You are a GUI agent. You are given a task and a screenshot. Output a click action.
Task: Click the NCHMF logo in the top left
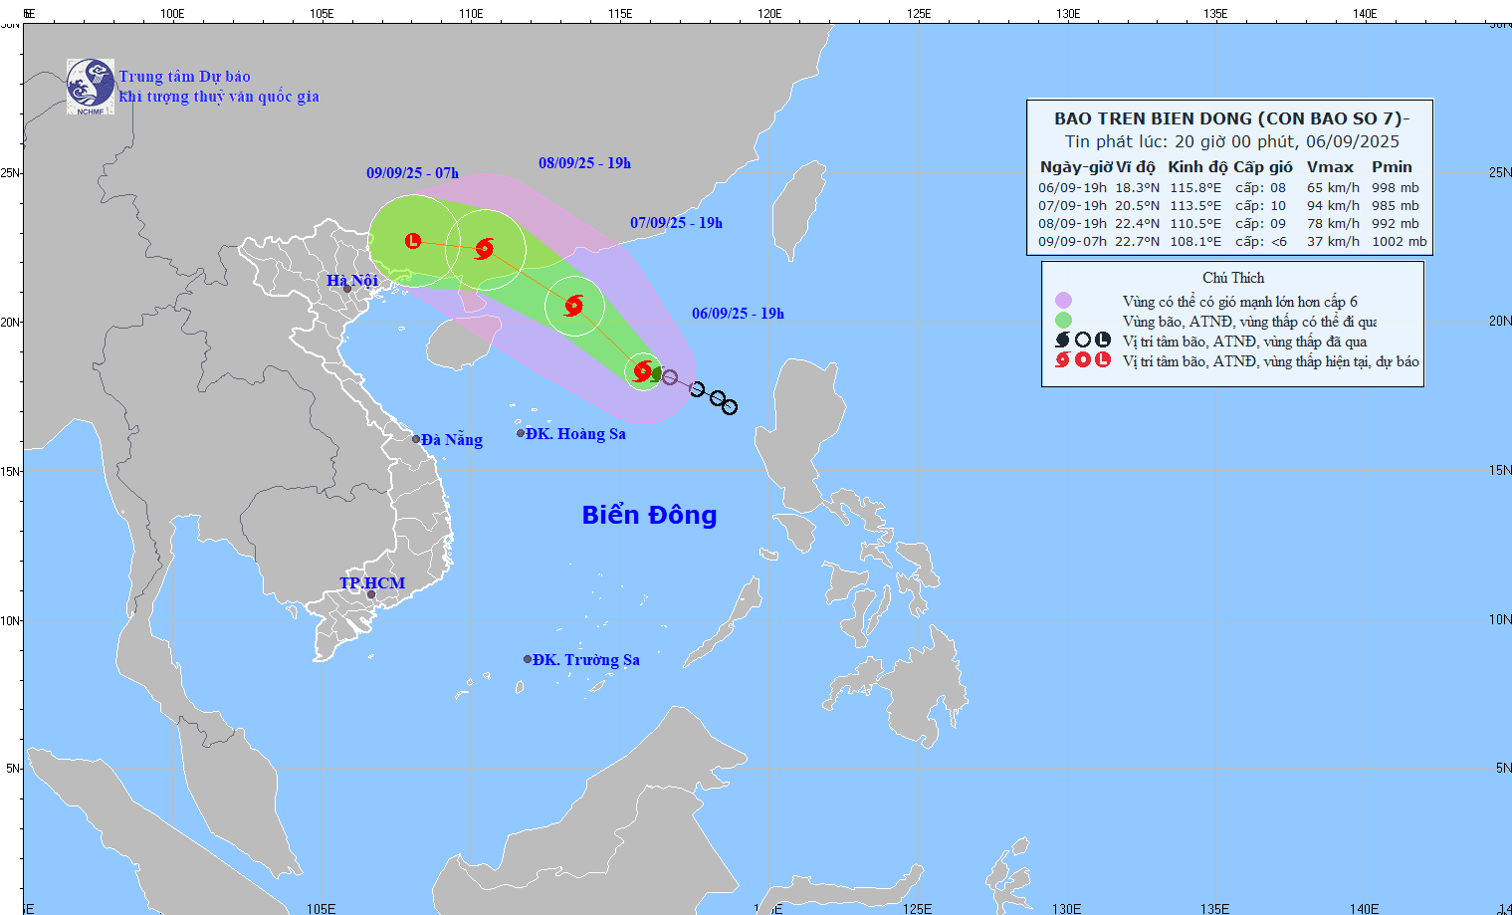coord(90,87)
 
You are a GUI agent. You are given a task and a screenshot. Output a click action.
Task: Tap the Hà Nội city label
coord(352,281)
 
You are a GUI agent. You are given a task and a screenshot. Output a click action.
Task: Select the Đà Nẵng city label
coord(451,440)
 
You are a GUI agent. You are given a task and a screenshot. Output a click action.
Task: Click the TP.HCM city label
coord(372,583)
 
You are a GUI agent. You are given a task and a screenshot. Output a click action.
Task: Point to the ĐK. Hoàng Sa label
coord(575,434)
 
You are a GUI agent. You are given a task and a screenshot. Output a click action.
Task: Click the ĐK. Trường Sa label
coord(585,660)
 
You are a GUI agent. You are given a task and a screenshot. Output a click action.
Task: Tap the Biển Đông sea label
coord(649,515)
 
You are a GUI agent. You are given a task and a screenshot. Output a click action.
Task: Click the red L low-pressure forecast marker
coord(413,241)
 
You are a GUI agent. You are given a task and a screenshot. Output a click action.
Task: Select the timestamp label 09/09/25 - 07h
coord(412,173)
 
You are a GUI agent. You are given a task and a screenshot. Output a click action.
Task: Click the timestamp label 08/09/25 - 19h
coord(584,163)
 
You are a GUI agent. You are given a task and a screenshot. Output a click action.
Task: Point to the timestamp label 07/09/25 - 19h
coord(676,223)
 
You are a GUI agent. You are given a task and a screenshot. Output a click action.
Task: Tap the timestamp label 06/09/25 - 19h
coord(738,314)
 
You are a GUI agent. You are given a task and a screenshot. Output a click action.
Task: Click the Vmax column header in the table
coord(1330,167)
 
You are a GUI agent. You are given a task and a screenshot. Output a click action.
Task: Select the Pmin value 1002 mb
coord(1399,242)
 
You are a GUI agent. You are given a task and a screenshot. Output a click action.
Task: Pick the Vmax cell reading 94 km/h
coord(1333,206)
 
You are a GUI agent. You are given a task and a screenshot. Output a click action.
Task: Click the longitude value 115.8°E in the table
coord(1194,188)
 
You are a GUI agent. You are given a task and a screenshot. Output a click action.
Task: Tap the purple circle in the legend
coord(1063,301)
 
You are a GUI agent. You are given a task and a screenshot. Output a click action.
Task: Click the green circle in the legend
coord(1063,321)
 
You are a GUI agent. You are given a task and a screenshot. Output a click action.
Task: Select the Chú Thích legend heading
coord(1232,278)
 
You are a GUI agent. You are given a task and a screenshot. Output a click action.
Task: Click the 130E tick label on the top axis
coord(1067,14)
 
